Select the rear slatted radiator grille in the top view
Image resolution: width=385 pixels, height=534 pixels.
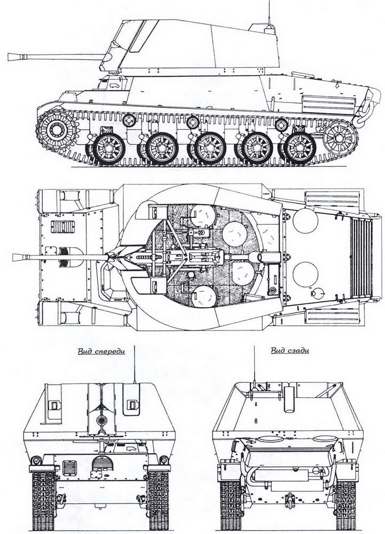coord(361,258)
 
